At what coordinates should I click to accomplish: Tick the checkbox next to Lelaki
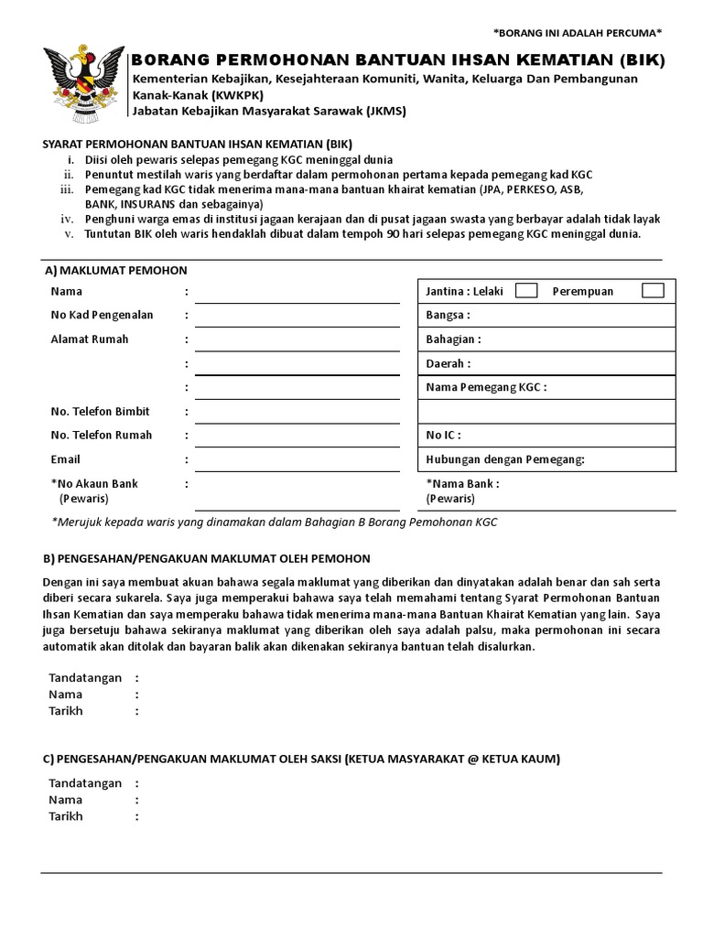[526, 291]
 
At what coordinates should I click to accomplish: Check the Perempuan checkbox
[653, 291]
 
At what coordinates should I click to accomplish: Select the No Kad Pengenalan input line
[297, 318]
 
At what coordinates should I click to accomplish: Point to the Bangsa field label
[448, 316]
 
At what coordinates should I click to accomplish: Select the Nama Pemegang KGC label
[485, 387]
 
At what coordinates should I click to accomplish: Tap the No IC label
[443, 436]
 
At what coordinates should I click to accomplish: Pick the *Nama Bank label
[462, 483]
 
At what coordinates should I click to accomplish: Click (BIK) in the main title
[641, 61]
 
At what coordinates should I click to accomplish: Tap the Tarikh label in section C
[65, 816]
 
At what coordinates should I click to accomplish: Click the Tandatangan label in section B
[84, 678]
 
